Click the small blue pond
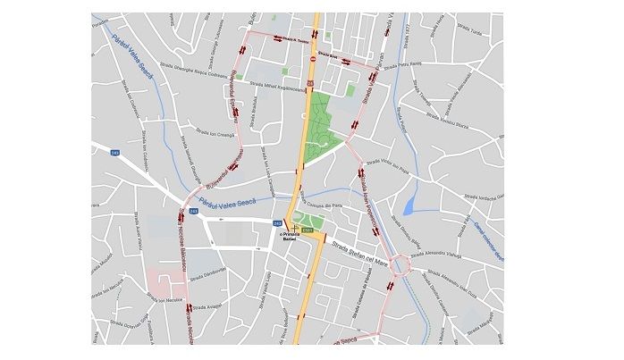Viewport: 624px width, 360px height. (409, 206)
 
